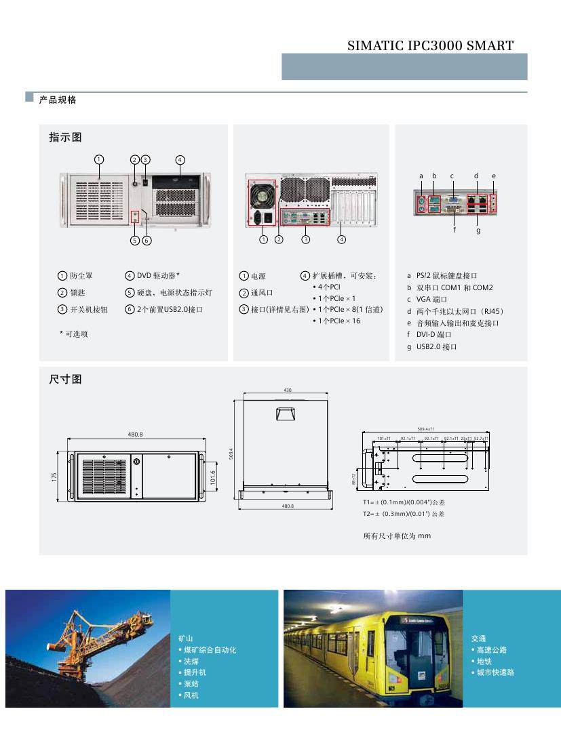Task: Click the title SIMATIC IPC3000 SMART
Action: pos(430,46)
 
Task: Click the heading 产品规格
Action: pos(58,100)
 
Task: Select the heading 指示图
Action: pos(65,137)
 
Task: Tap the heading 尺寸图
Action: pos(65,379)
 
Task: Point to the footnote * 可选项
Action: pos(74,334)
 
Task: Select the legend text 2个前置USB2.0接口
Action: pos(170,310)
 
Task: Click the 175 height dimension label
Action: pos(54,477)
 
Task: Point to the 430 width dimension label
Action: pos(287,390)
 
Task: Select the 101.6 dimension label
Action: pos(213,477)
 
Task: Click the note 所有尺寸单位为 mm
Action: pos(397,536)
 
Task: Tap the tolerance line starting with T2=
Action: pos(404,514)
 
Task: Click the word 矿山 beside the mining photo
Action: pos(186,639)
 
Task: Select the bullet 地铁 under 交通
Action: pos(484,661)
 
